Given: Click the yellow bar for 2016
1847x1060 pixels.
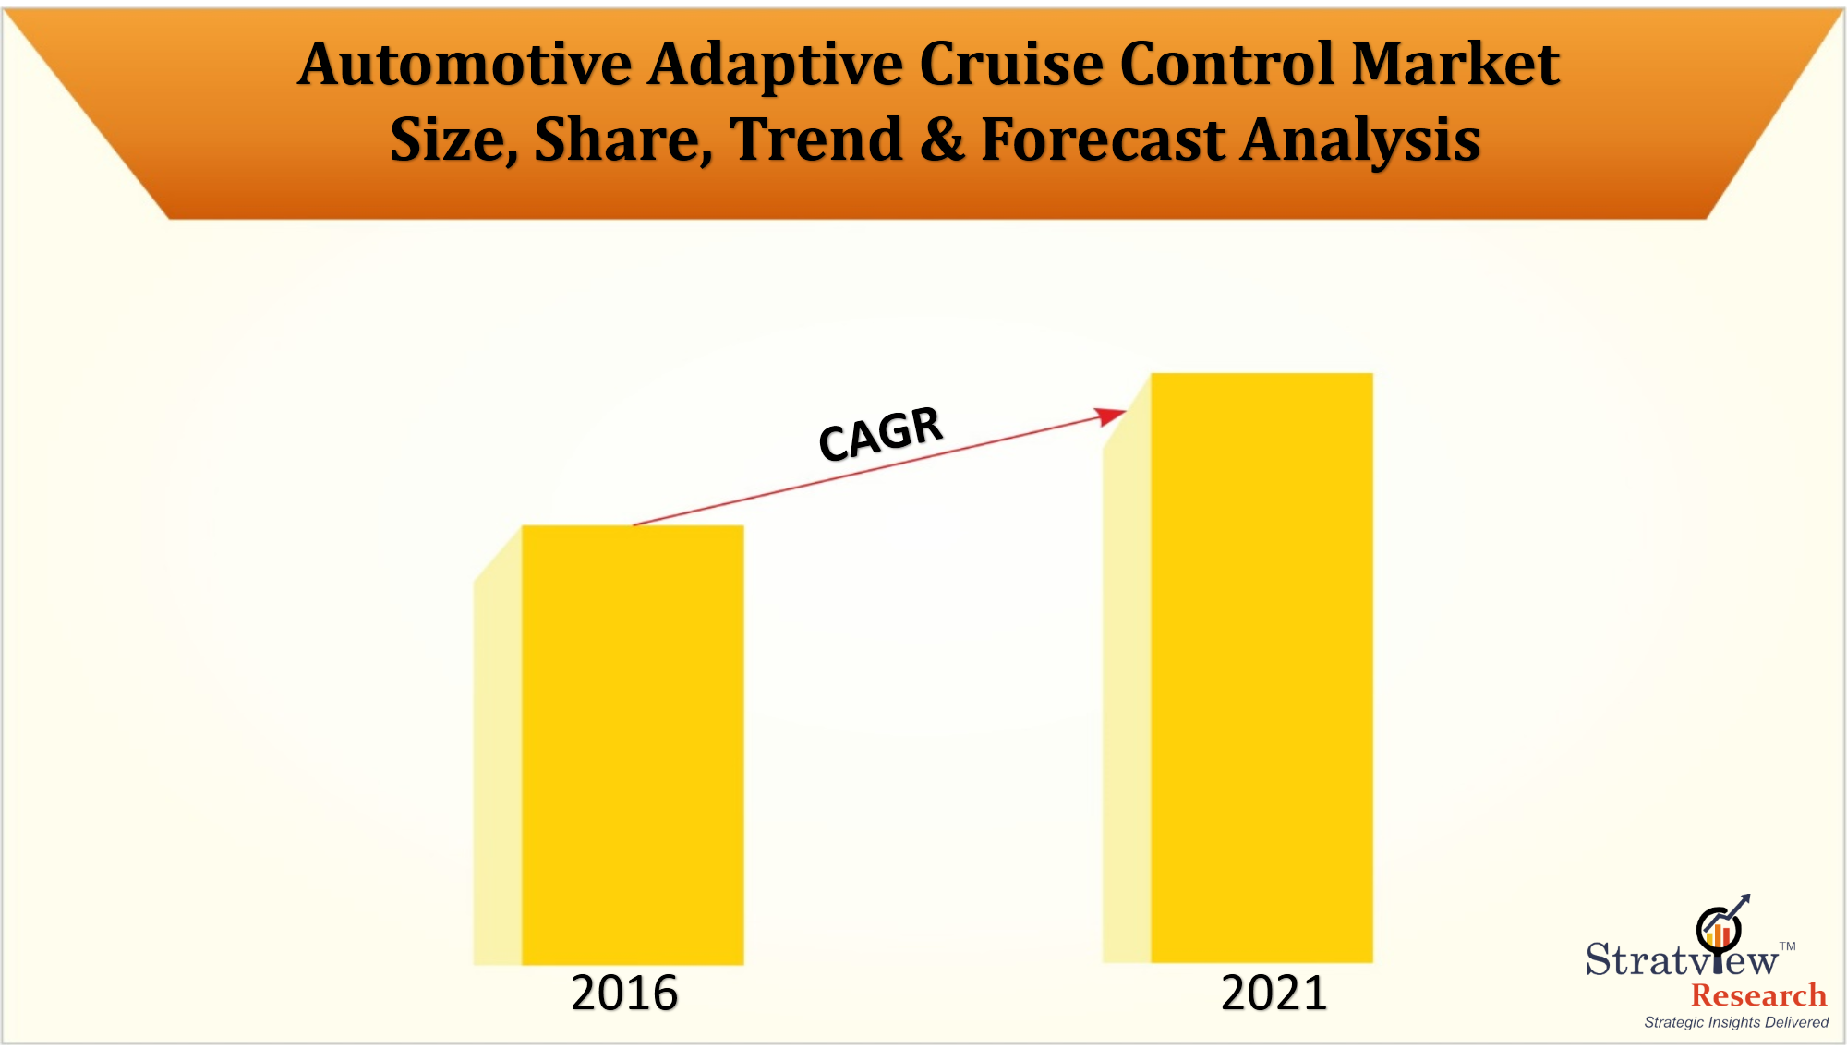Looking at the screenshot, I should (x=633, y=744).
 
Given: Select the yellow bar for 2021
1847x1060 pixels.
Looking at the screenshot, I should (x=1262, y=667).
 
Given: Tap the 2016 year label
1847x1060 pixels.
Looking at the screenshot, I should (x=624, y=994).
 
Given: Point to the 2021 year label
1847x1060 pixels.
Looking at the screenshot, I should (x=1274, y=994).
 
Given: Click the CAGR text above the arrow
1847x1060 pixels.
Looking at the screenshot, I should (x=880, y=433).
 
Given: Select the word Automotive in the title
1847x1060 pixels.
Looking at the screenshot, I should (x=465, y=65).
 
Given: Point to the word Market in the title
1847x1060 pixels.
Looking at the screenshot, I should (x=1455, y=65).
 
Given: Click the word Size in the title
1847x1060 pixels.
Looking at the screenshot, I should (x=452, y=140).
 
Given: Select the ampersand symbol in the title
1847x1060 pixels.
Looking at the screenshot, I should (x=942, y=140).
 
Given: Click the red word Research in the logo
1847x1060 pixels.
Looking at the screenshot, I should (x=1758, y=995).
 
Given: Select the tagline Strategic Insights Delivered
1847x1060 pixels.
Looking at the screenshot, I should (x=1736, y=1022).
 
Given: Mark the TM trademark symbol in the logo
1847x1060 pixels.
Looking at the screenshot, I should (x=1788, y=946).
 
